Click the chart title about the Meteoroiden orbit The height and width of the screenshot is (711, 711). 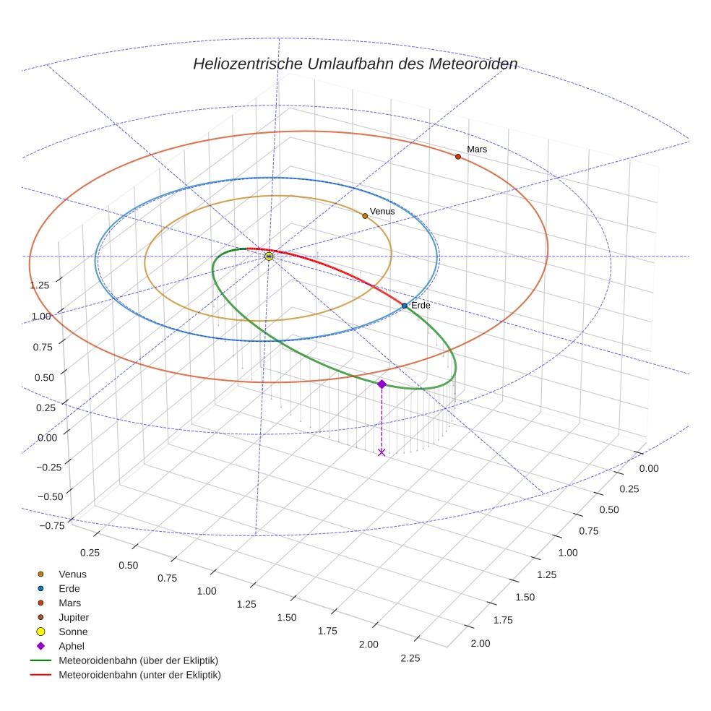click(355, 64)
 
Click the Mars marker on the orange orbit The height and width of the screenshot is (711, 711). click(458, 157)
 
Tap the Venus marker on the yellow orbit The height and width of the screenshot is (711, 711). click(365, 216)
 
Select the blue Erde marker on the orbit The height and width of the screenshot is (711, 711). click(405, 306)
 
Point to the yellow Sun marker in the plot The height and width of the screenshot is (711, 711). click(269, 257)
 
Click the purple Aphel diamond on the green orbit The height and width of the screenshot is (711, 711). click(382, 384)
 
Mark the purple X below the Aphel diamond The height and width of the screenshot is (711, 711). click(382, 452)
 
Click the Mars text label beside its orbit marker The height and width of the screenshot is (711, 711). click(477, 149)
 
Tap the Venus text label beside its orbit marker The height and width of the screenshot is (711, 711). click(382, 212)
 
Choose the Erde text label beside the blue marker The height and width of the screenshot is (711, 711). click(421, 306)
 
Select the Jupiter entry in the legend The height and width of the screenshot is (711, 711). click(73, 617)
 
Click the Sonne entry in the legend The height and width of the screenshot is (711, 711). click(73, 632)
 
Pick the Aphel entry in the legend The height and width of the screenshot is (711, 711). click(72, 646)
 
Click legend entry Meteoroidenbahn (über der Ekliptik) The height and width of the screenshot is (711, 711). click(138, 660)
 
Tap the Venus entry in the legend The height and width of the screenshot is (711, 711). click(72, 574)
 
